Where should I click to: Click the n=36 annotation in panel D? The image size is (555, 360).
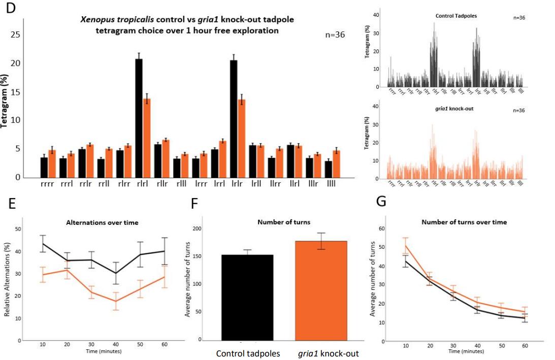point(335,35)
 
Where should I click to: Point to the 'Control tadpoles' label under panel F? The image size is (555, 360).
point(248,354)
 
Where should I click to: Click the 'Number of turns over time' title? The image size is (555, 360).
point(464,222)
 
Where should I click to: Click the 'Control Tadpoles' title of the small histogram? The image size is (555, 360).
point(456,16)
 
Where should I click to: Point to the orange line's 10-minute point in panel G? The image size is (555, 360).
point(405,246)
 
